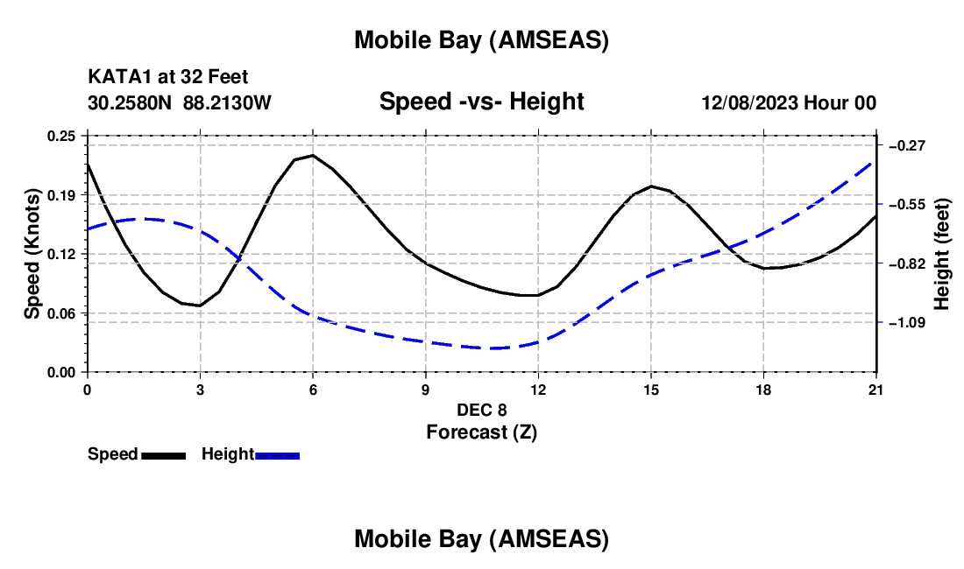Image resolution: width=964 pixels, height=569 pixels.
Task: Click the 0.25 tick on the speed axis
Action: coord(61,136)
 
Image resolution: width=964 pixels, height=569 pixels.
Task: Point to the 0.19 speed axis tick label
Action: coord(61,194)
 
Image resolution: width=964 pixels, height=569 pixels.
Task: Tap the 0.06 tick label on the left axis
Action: coord(61,313)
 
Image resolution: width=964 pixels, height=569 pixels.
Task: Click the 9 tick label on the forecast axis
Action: coord(425,390)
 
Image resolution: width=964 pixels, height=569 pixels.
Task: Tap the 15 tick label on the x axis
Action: coord(650,390)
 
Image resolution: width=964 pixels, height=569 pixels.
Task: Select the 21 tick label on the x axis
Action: coord(875,390)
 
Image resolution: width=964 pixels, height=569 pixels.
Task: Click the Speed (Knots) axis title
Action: coord(32,254)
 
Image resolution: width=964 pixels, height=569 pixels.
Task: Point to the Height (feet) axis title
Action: coord(942,254)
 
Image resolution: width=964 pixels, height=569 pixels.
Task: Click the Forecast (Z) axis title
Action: coord(481,432)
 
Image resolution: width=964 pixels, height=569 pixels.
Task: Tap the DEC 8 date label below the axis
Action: coord(481,410)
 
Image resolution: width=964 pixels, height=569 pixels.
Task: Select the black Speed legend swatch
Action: coord(163,455)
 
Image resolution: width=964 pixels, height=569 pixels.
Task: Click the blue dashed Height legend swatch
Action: coord(278,455)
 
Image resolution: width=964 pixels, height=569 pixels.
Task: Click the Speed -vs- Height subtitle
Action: coord(481,102)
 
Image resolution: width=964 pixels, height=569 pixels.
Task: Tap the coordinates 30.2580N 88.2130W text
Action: coord(180,102)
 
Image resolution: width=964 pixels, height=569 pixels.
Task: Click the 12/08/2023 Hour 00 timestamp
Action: coord(789,102)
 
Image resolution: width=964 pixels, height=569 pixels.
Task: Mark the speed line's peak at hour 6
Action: coord(313,155)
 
